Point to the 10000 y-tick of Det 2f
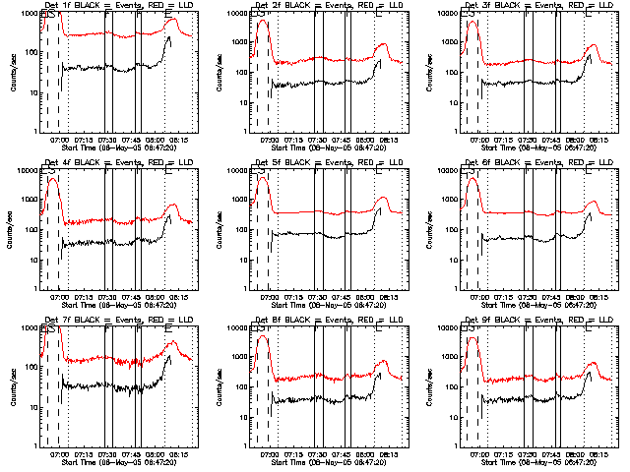click(236, 14)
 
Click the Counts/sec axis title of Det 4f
click(13, 229)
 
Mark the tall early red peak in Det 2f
click(261, 21)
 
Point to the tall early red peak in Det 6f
click(472, 178)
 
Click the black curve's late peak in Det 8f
click(379, 373)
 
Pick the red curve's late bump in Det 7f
click(172, 342)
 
